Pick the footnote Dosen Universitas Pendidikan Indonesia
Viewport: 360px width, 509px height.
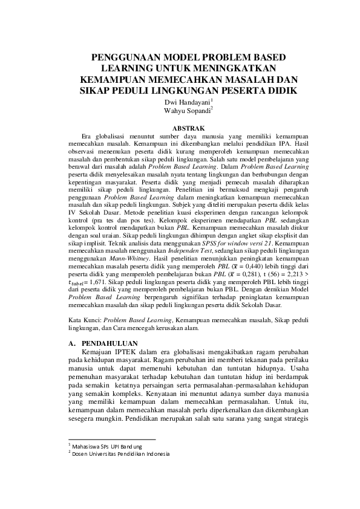pos(120,454)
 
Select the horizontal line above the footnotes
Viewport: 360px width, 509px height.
pos(111,439)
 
